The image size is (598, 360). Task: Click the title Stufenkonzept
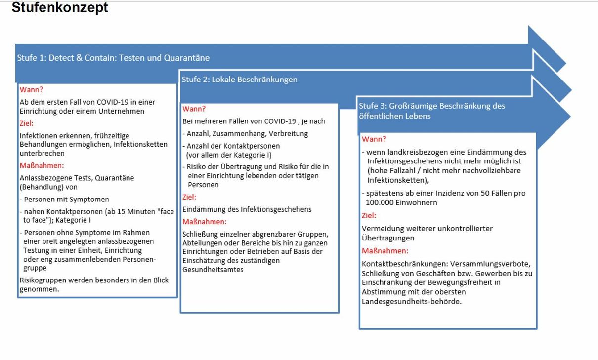60,8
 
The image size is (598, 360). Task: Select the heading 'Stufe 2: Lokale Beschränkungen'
239,80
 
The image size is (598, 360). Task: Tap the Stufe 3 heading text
432,111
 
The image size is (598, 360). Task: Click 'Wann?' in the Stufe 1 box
31,90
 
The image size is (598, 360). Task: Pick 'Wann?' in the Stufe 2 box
194,109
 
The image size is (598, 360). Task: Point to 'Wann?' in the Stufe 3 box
374,139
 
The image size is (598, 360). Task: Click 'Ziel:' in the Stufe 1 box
27,123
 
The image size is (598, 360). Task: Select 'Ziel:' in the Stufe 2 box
189,197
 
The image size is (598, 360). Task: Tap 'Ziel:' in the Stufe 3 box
369,216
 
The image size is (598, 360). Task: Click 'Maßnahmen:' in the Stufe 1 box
42,166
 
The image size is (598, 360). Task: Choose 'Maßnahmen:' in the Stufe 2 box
204,222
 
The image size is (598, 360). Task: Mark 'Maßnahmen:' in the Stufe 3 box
385,251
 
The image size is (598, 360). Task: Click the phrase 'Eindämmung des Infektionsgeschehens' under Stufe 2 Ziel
247,209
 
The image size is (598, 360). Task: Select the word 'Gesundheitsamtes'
213,270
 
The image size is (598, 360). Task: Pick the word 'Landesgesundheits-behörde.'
412,301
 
